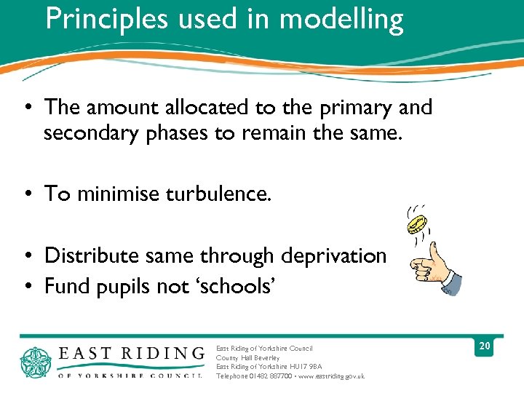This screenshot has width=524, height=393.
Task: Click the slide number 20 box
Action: (484, 346)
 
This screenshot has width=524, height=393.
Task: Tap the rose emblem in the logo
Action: (37, 362)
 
